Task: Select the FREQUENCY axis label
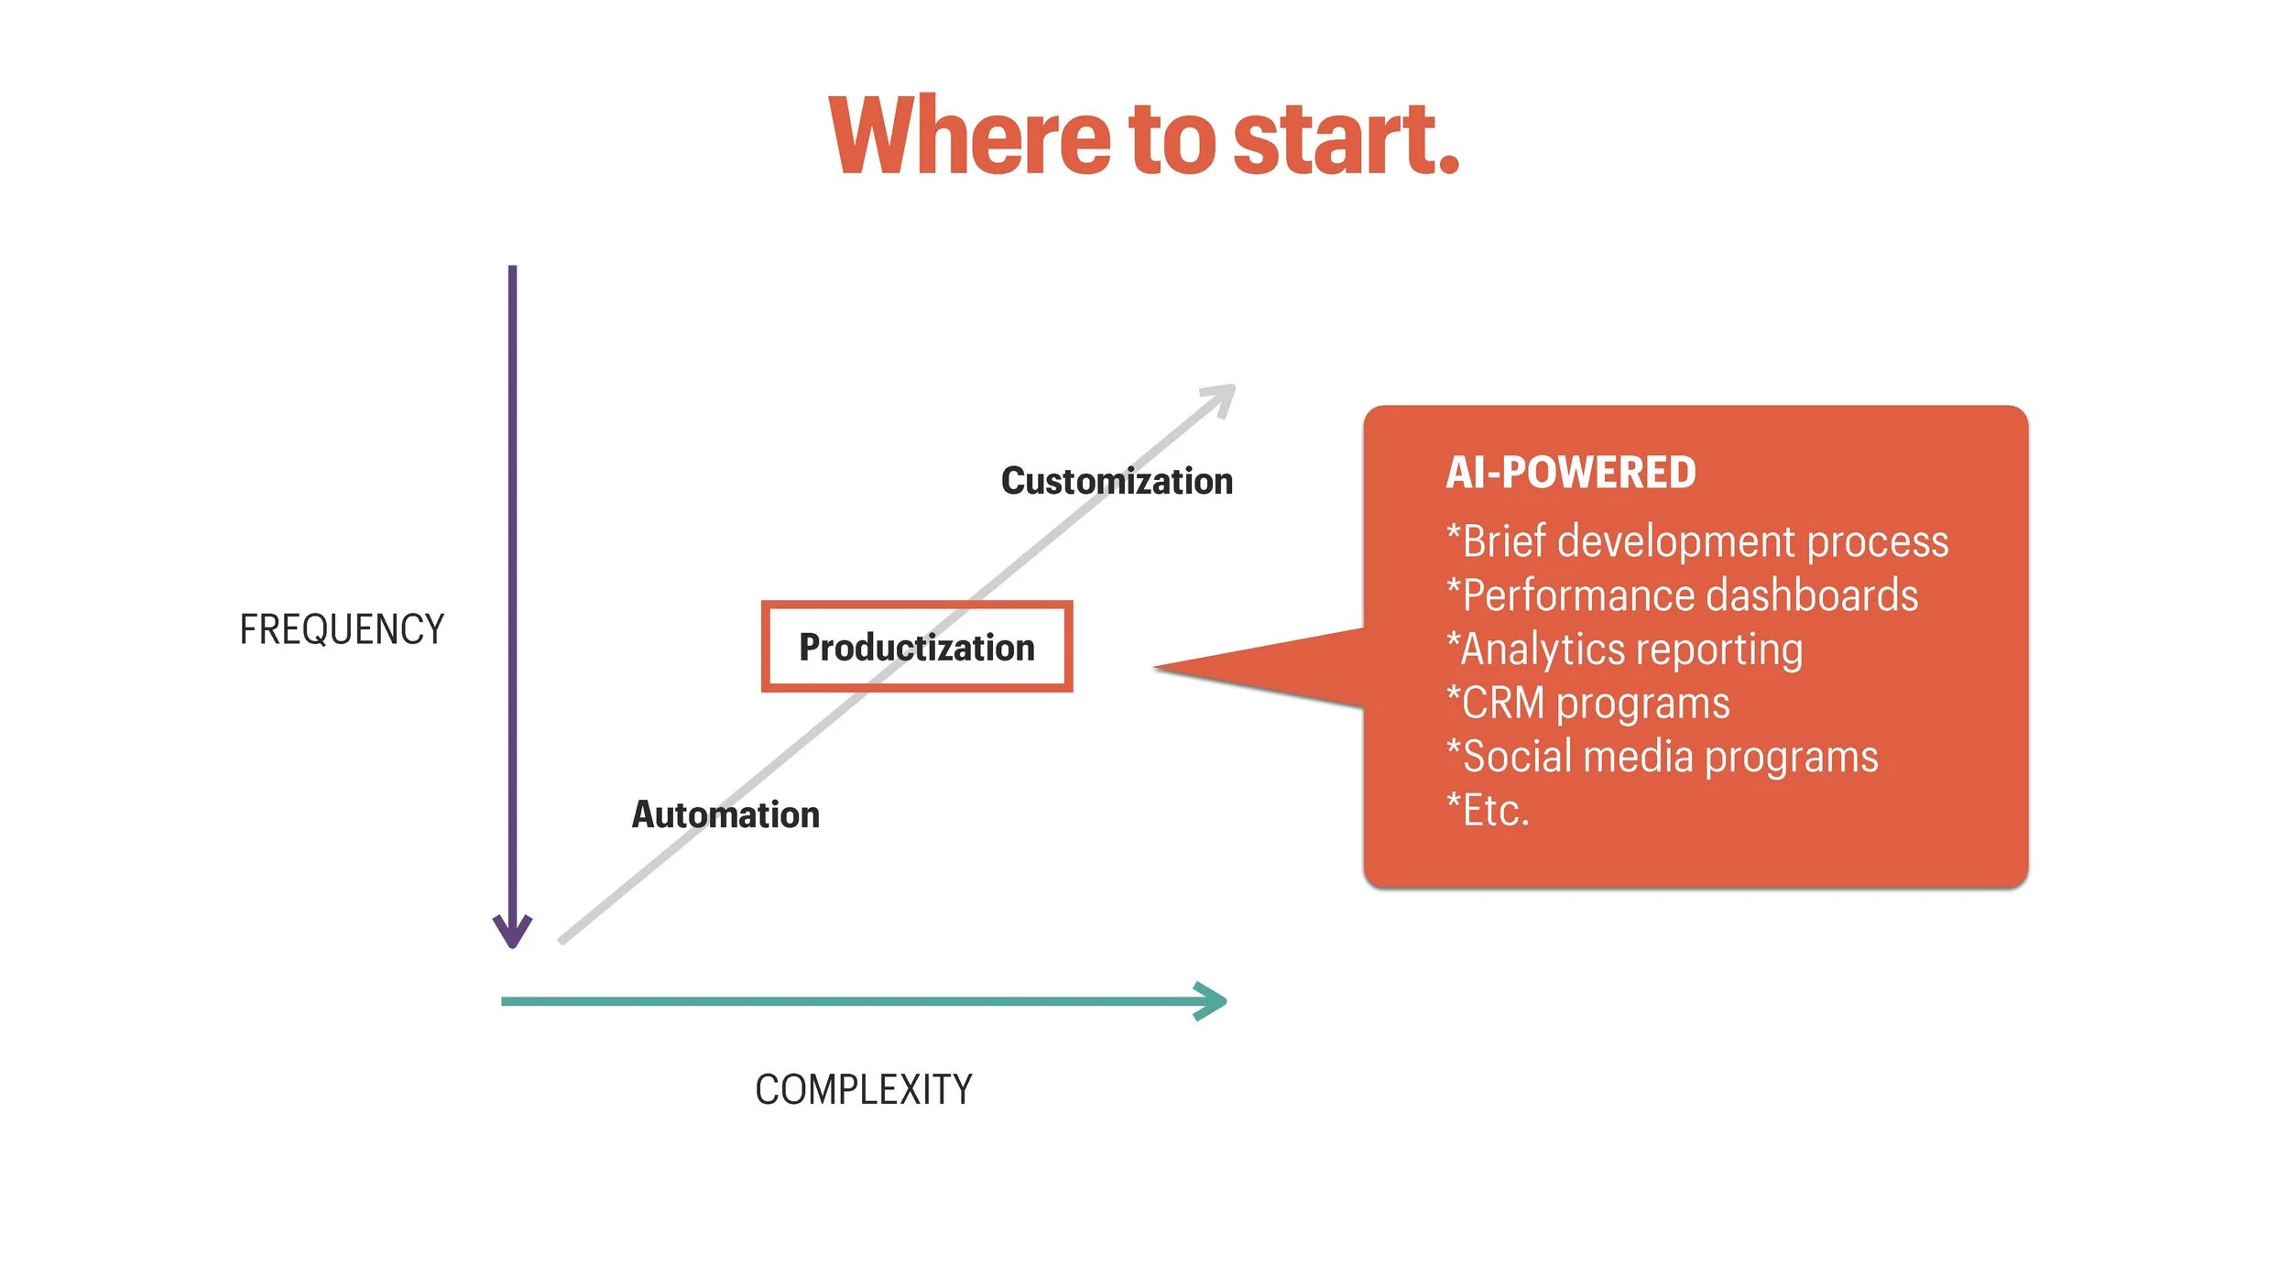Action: [x=342, y=630]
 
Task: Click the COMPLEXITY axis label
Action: [x=863, y=1090]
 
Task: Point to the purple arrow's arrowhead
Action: [x=512, y=933]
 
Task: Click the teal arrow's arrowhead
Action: [x=1214, y=1001]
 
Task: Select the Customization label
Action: [x=1117, y=481]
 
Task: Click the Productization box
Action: [x=917, y=647]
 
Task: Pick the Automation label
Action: [x=725, y=814]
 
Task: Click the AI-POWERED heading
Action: [x=1570, y=473]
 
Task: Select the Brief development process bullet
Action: [x=1697, y=541]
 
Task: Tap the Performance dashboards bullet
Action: [x=1682, y=595]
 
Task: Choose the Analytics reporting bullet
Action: [x=1624, y=649]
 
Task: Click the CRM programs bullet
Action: [x=1587, y=704]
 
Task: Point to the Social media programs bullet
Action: [x=1662, y=757]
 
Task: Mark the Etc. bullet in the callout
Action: [x=1488, y=811]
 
